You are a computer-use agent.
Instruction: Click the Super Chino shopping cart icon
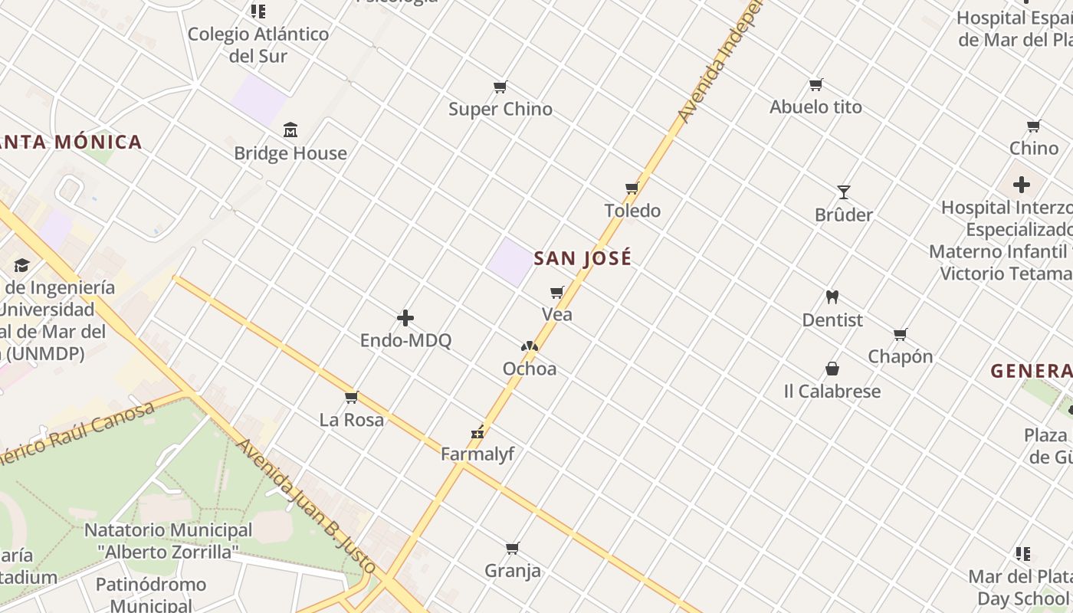(x=500, y=87)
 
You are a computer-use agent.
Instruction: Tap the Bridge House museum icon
(x=290, y=130)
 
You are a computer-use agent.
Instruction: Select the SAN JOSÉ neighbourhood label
(x=582, y=258)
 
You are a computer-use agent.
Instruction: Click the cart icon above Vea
(x=557, y=292)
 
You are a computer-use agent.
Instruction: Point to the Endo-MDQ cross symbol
(x=405, y=318)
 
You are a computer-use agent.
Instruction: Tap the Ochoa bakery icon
(x=529, y=346)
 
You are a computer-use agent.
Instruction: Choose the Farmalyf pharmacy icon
(x=478, y=432)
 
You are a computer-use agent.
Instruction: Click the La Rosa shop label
(x=352, y=419)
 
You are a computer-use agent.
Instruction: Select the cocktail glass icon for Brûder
(x=844, y=192)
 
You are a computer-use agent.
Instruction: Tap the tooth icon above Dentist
(x=832, y=297)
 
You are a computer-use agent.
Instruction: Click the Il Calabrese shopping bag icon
(x=832, y=369)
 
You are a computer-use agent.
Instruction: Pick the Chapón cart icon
(x=901, y=334)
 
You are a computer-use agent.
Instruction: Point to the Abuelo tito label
(x=815, y=107)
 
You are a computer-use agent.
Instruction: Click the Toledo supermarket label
(x=632, y=211)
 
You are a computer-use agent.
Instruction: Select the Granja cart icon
(x=513, y=548)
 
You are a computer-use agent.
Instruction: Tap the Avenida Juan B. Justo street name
(x=307, y=506)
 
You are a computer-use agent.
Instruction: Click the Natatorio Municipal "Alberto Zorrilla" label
(x=168, y=540)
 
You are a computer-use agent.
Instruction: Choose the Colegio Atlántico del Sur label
(x=258, y=44)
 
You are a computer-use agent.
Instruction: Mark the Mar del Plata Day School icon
(x=1023, y=553)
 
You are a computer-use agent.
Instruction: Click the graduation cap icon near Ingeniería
(x=21, y=265)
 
